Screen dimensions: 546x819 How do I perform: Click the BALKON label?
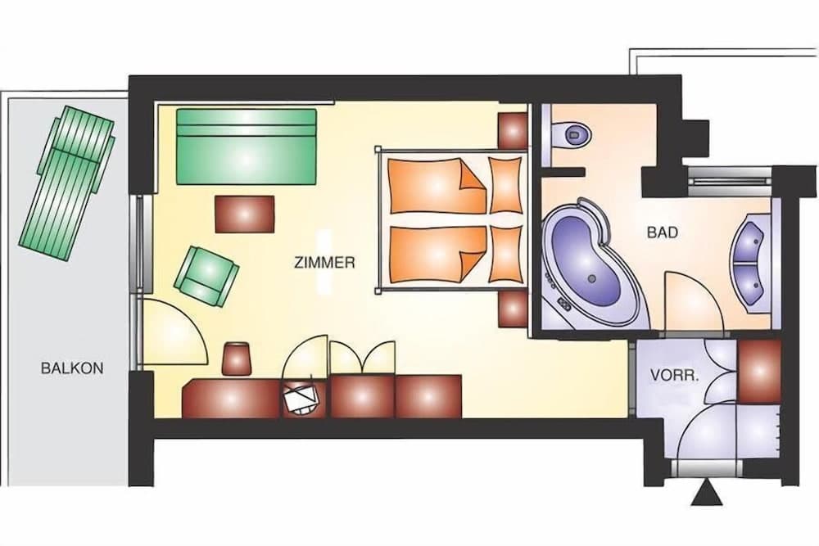72,368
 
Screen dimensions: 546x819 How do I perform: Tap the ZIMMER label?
324,263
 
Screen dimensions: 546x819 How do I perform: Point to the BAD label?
663,232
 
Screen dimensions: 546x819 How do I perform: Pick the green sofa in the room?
247,145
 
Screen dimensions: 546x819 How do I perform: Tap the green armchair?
206,275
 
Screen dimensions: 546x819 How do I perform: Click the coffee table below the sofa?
245,214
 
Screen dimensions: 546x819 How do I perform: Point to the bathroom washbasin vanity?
752,261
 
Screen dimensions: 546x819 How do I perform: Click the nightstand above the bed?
513,129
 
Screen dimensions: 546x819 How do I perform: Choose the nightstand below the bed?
513,309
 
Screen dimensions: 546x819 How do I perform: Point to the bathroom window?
730,176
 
